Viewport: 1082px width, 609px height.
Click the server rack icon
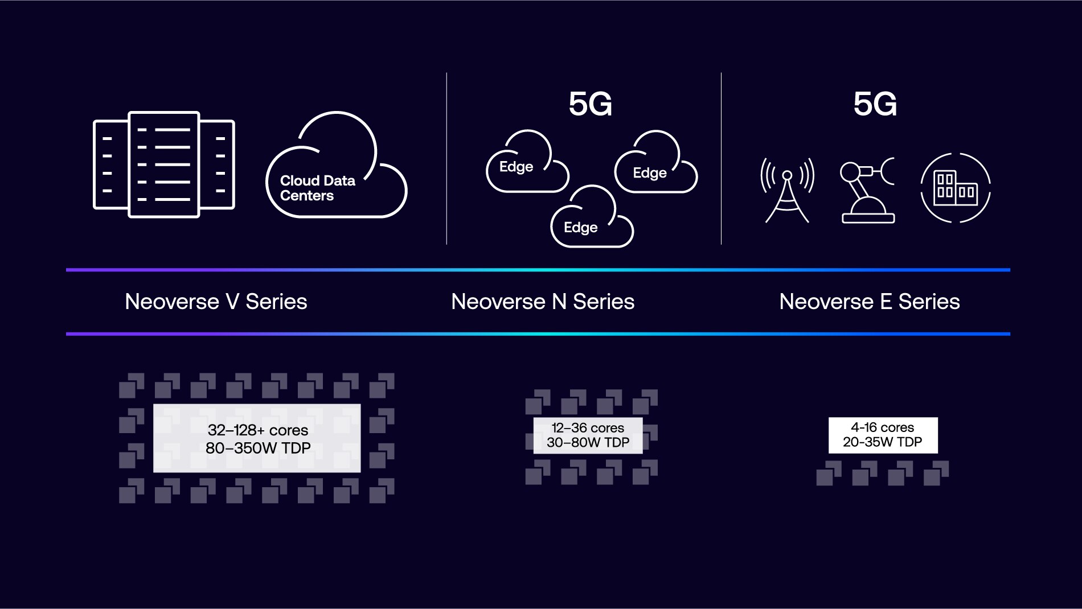[x=164, y=164]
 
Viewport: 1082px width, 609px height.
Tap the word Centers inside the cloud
[x=307, y=196]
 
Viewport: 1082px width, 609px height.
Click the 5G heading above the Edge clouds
[x=590, y=104]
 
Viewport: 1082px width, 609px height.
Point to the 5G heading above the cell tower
[x=875, y=104]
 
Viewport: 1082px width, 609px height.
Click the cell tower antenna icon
[x=787, y=190]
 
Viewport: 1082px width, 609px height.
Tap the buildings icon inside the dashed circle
[x=956, y=188]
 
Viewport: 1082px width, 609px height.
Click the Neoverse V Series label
[x=216, y=302]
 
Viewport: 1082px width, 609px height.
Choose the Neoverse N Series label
[x=543, y=302]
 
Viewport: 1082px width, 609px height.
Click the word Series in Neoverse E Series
[x=929, y=302]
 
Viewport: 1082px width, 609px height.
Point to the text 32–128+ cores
[x=257, y=430]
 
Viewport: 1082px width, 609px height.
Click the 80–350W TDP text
[x=257, y=448]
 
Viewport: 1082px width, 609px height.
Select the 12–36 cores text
[x=588, y=428]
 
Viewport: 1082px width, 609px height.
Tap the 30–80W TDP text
[x=588, y=443]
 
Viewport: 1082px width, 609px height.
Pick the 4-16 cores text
[x=882, y=427]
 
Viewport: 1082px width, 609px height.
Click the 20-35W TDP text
[x=882, y=442]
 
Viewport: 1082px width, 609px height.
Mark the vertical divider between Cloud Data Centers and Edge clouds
[x=446, y=159]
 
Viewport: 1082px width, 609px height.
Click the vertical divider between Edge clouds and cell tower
[x=721, y=159]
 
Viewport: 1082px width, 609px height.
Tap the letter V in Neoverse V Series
[x=232, y=302]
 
